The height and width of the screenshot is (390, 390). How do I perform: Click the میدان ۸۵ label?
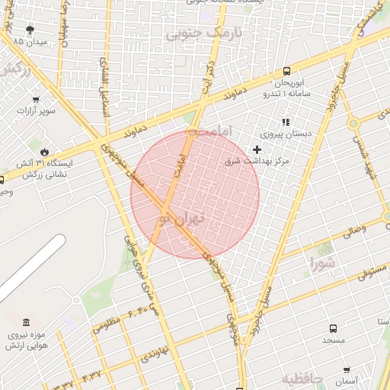[30, 41]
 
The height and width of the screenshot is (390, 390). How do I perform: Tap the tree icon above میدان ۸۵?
[30, 30]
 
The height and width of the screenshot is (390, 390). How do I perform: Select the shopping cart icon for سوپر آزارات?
[36, 100]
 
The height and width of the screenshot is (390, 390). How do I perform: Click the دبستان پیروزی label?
[286, 133]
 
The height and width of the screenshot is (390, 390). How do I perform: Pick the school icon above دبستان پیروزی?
[286, 122]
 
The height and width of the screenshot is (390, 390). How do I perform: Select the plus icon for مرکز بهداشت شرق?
[257, 149]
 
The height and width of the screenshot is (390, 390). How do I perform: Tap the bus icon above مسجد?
[333, 328]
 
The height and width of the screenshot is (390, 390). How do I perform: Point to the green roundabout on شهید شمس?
[353, 123]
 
